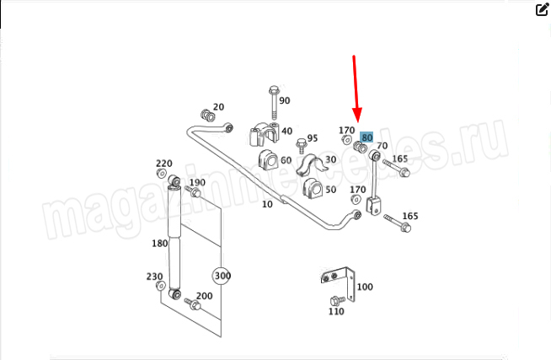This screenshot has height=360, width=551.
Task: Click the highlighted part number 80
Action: [x=366, y=137]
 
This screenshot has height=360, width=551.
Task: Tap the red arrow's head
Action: [x=357, y=115]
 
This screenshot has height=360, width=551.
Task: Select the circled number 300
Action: [x=222, y=276]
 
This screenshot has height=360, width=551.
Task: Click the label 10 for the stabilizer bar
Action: [x=267, y=204]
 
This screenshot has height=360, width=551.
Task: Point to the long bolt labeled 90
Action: [x=274, y=102]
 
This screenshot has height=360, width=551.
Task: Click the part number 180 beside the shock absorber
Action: [x=159, y=244]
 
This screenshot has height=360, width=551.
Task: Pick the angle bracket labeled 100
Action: [x=338, y=282]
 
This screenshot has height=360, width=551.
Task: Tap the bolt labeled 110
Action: [x=337, y=300]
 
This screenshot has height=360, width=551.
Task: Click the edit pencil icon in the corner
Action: [x=543, y=9]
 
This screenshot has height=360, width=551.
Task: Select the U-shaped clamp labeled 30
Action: [x=310, y=165]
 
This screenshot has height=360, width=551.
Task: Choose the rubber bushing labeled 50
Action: [x=313, y=189]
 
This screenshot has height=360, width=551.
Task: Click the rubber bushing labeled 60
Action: [x=268, y=160]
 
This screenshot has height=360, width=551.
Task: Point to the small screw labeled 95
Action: [x=301, y=146]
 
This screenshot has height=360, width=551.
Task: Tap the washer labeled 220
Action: [x=161, y=174]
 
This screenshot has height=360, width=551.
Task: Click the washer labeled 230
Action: [x=161, y=286]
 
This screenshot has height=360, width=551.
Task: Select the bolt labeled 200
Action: [x=193, y=304]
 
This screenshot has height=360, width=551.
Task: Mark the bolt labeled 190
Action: [x=193, y=191]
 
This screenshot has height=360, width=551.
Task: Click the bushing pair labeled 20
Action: [x=208, y=116]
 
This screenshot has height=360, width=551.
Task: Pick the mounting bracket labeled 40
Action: [x=264, y=133]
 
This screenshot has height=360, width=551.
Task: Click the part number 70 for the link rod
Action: [x=382, y=146]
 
